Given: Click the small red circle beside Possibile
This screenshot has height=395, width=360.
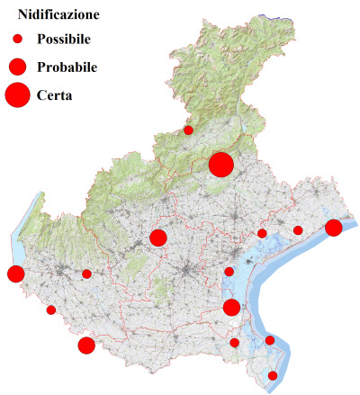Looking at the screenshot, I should point(17,40).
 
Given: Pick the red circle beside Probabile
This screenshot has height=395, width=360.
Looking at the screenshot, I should point(17,67).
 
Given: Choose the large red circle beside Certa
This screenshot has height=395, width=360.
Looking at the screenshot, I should point(17,94).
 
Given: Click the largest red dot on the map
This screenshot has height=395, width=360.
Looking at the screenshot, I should point(220,165).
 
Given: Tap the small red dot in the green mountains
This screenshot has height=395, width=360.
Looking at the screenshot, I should point(188,130).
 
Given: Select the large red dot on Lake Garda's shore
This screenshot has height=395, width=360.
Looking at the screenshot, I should point(15,274).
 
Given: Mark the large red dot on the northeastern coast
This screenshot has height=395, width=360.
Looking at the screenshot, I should point(333,228).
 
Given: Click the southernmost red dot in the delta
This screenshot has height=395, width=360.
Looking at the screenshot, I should point(273,375).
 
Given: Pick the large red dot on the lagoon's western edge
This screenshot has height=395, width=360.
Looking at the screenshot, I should point(231,308).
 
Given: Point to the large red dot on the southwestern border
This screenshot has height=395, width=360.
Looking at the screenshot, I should point(86,346).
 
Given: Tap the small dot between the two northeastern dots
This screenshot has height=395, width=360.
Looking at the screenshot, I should point(298,230).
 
